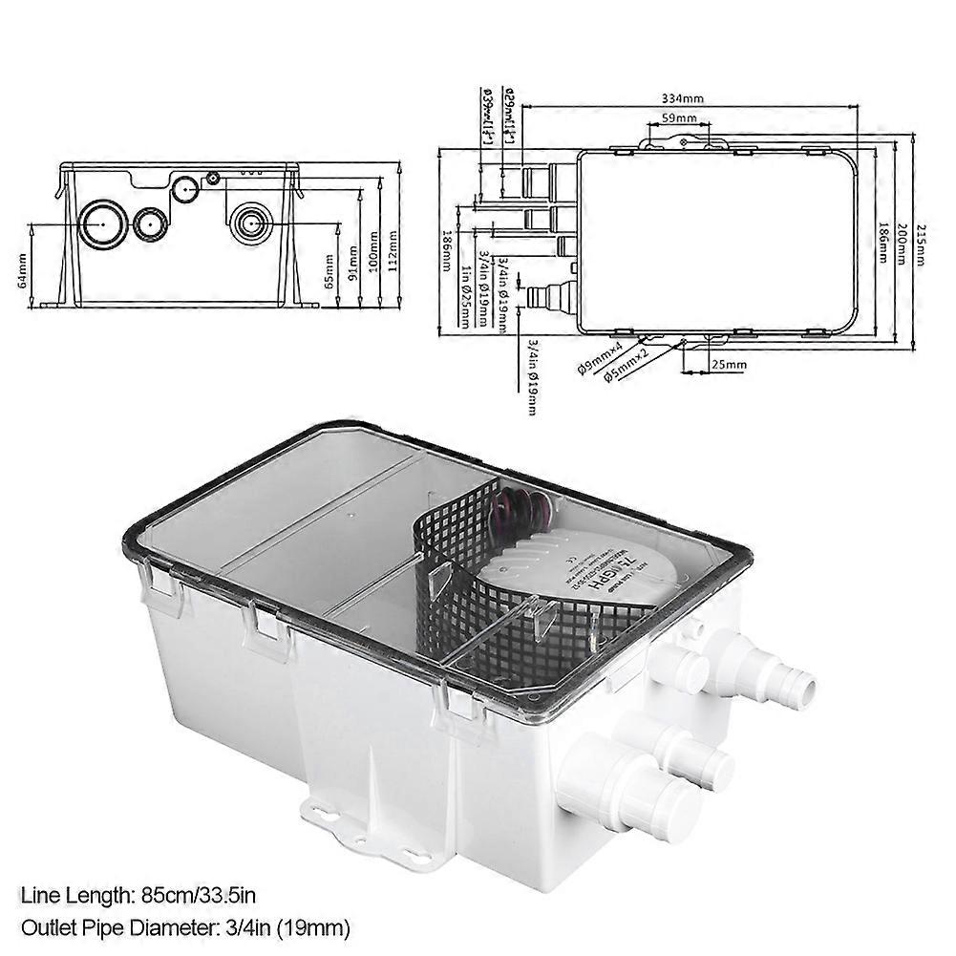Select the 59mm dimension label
(679, 119)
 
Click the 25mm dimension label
(728, 365)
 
